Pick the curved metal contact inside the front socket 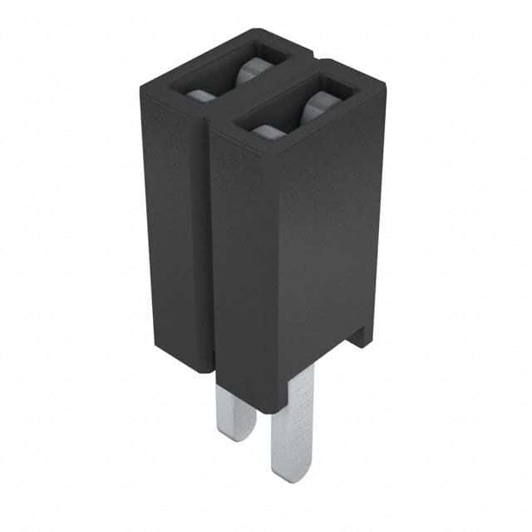tap(320, 108)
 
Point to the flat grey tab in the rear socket tap(199, 95)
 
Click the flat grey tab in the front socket tap(266, 130)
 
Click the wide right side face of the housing tap(328, 249)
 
